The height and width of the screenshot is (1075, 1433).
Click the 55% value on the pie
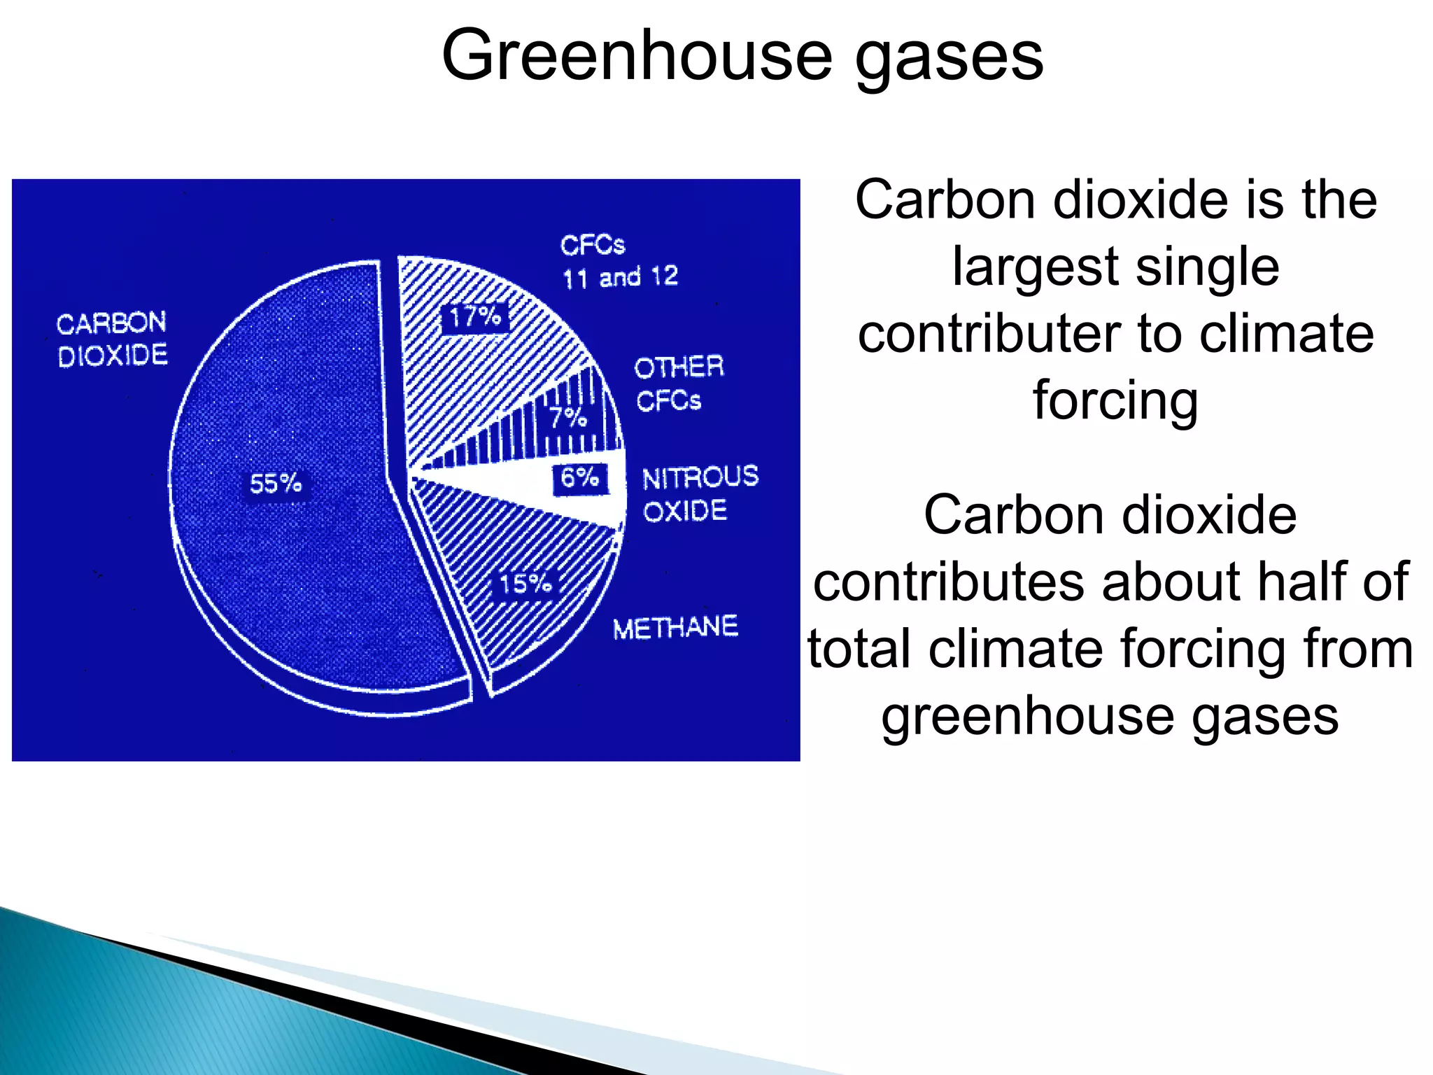click(x=276, y=484)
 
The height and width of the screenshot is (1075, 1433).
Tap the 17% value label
click(x=475, y=318)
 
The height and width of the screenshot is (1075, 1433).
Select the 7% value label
click(x=567, y=418)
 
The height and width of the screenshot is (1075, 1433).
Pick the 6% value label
click(x=580, y=478)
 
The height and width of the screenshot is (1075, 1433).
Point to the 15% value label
click(x=525, y=583)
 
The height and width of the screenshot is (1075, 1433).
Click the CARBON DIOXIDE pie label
click(x=112, y=339)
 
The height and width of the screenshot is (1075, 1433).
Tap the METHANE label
click(x=675, y=627)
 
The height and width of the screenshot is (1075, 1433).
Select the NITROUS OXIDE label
click(x=700, y=493)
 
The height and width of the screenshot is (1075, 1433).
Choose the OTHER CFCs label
click(x=678, y=384)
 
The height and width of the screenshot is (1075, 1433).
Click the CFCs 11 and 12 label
click(x=619, y=262)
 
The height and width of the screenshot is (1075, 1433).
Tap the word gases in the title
click(x=950, y=57)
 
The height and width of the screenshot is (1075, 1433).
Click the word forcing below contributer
click(x=1115, y=401)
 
